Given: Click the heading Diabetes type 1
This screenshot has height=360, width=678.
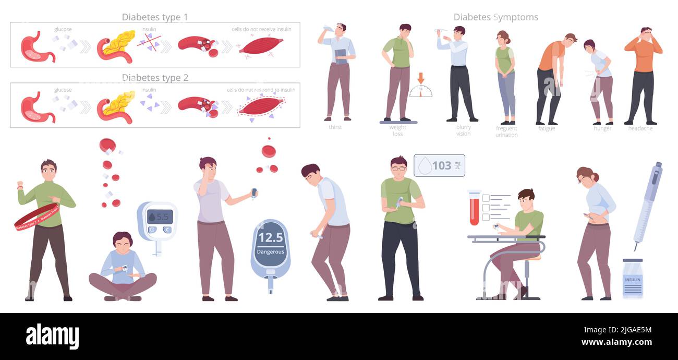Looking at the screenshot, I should [155, 17].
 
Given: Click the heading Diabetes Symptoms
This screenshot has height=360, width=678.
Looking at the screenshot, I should [495, 17].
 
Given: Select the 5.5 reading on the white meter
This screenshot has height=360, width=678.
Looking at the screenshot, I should [160, 216].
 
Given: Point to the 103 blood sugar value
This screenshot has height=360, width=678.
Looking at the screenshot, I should [441, 165].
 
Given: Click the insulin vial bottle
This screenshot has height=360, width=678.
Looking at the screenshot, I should [632, 278].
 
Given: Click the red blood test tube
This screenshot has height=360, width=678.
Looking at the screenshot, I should [474, 208].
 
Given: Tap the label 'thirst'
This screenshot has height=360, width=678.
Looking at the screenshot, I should [335, 127].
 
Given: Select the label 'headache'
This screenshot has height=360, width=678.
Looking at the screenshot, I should [640, 128].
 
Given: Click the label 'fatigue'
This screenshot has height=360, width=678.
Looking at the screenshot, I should [547, 128].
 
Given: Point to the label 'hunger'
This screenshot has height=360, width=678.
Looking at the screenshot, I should [602, 128].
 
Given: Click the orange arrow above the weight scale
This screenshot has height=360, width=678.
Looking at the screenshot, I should [421, 78].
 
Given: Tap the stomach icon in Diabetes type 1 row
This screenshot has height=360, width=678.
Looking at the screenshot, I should [37, 47].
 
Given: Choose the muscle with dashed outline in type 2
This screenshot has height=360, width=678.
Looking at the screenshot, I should [261, 106].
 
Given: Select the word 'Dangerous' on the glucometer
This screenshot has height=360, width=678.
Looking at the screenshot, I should [270, 251].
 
